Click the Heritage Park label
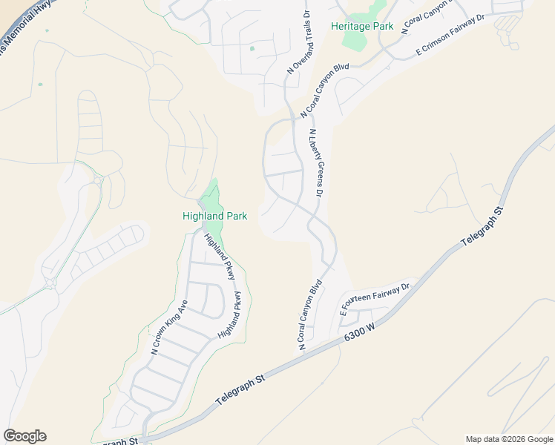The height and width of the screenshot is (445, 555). click(x=362, y=26)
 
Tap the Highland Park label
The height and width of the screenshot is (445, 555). click(x=214, y=216)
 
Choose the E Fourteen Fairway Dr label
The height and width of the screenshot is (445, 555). click(x=375, y=299)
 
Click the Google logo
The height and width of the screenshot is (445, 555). click(x=24, y=436)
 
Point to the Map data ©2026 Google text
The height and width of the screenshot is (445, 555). click(x=508, y=439)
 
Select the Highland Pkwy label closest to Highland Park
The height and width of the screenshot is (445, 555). click(x=221, y=257)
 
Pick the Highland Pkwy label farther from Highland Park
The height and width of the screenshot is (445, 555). click(x=231, y=316)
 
